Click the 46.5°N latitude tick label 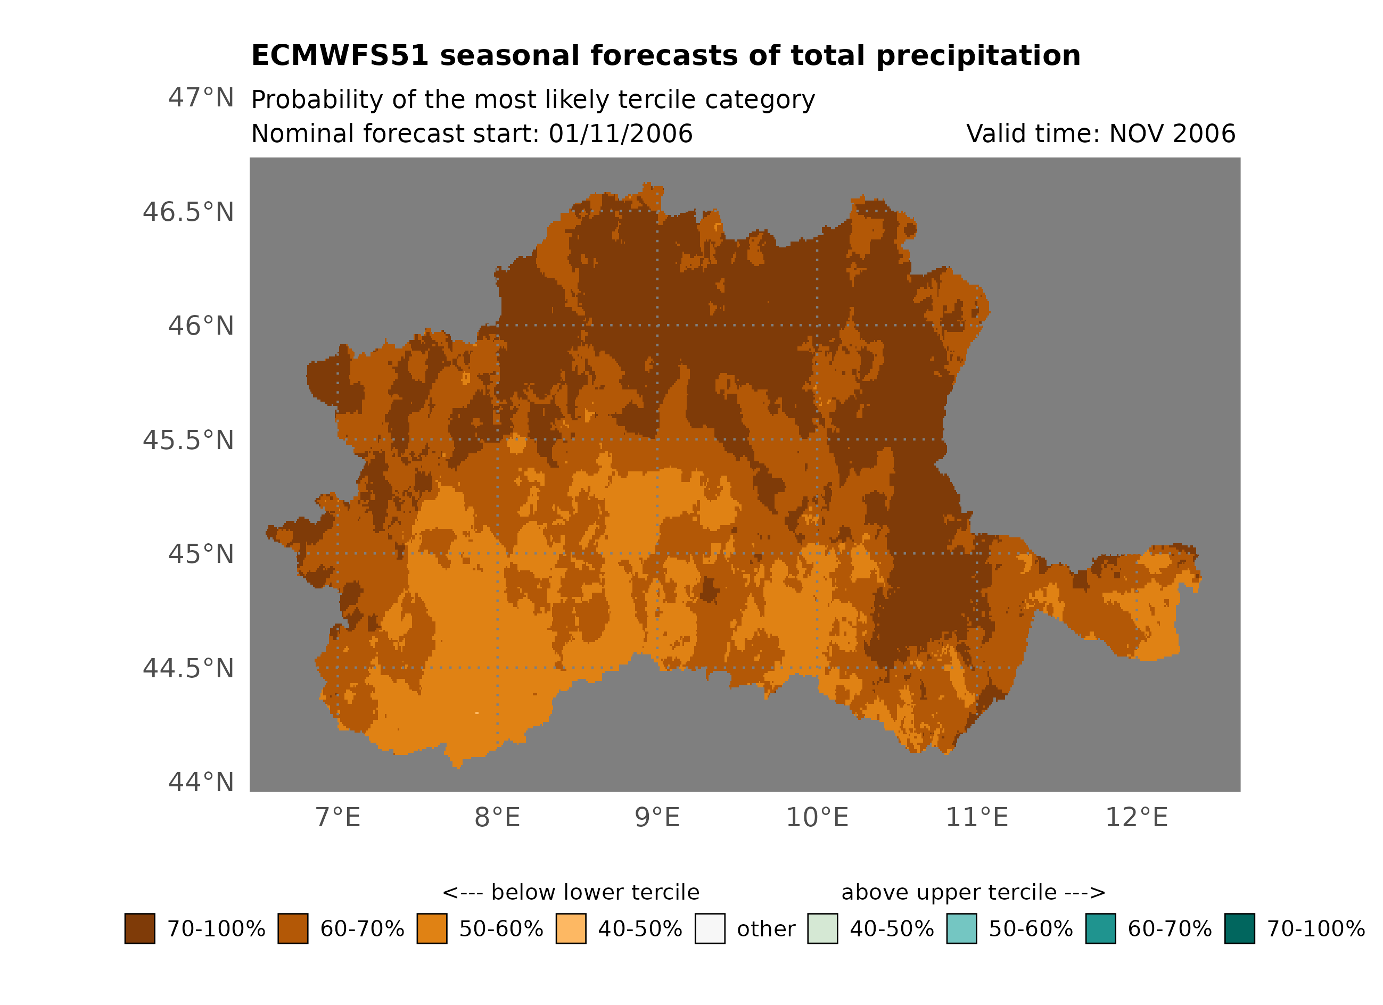[188, 213]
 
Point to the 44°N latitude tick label [201, 783]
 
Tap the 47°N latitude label [201, 98]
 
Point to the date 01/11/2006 [620, 134]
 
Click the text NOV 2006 [1172, 134]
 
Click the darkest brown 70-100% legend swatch [139, 929]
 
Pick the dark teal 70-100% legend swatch [1240, 929]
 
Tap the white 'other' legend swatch [710, 929]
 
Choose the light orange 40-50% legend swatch [571, 929]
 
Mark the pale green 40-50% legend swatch [822, 929]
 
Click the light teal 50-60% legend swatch [961, 929]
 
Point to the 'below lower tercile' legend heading [571, 893]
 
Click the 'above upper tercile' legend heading [973, 893]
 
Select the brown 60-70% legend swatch [293, 929]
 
